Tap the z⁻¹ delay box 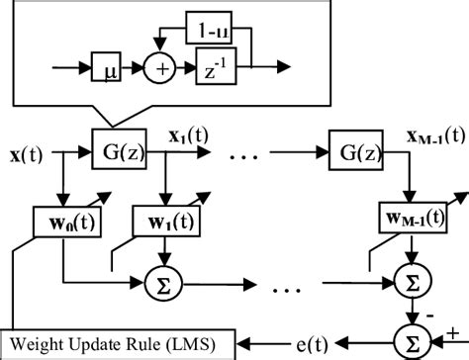pyautogui.click(x=217, y=70)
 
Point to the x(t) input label pyautogui.click(x=28, y=155)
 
